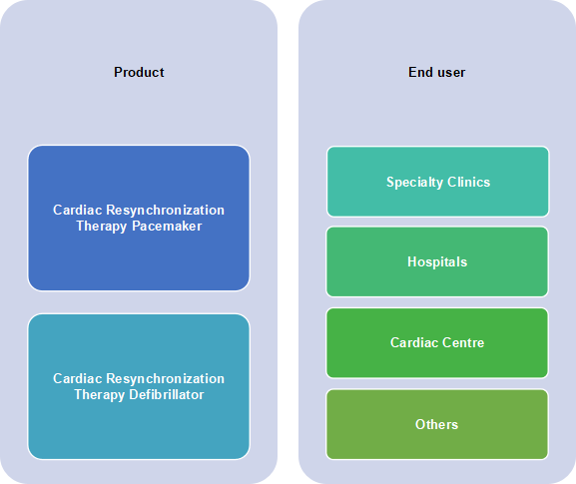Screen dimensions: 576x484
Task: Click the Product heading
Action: (x=139, y=72)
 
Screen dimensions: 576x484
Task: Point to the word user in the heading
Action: (x=451, y=73)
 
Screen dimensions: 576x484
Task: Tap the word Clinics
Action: (x=469, y=183)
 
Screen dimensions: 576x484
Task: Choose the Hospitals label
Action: (x=437, y=262)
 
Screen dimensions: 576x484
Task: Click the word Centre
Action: (x=463, y=343)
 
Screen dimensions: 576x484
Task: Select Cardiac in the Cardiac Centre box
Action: (x=414, y=343)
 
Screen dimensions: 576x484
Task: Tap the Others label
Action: (x=437, y=424)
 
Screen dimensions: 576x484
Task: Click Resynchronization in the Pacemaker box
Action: (x=165, y=211)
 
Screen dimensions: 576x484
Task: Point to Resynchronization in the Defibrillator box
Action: (x=165, y=379)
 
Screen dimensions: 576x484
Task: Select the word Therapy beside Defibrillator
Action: (x=100, y=395)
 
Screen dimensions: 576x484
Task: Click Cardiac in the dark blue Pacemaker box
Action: (x=78, y=210)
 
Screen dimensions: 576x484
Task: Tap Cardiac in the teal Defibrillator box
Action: (x=78, y=378)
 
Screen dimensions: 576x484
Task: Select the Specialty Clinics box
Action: (x=438, y=182)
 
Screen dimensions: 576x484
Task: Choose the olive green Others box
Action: (x=437, y=424)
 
